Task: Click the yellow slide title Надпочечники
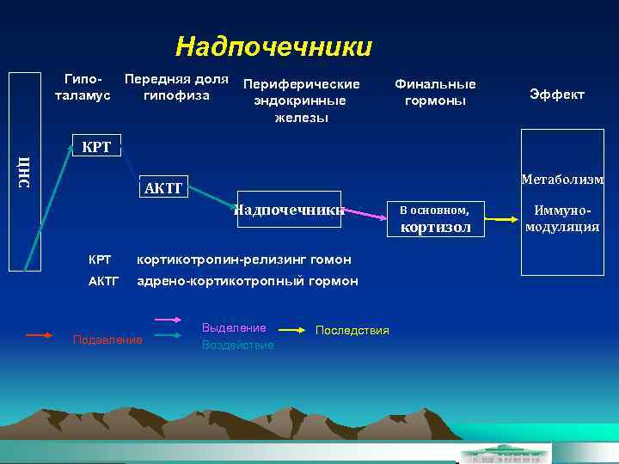click(x=273, y=46)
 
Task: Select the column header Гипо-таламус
click(x=83, y=88)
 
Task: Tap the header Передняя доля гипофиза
click(x=176, y=88)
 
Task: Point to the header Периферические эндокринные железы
click(x=300, y=101)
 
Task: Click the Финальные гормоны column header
click(x=434, y=93)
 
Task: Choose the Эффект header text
click(x=556, y=95)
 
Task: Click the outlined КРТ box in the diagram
click(x=95, y=146)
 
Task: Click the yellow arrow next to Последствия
click(x=293, y=329)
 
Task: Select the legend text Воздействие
click(x=237, y=345)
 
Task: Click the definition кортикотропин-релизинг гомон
click(x=244, y=259)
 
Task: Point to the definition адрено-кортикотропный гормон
click(x=248, y=282)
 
